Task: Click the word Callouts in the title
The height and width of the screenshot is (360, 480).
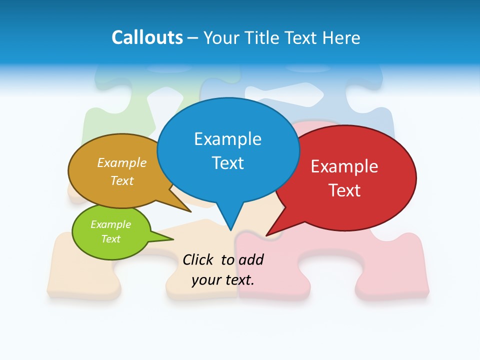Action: [147, 37]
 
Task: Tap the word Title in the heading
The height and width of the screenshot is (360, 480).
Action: [265, 37]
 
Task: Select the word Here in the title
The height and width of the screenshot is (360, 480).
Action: [341, 37]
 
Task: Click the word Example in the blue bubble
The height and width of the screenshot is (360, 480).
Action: [227, 139]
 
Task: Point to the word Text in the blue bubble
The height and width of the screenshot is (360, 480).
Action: [227, 163]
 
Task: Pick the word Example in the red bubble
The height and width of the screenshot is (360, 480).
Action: [344, 166]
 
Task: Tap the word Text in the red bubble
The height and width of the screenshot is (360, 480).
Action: [344, 190]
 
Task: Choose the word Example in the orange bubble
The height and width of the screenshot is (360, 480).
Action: [122, 163]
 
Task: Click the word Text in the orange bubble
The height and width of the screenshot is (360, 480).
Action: [122, 180]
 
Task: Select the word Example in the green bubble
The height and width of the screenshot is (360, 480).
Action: [110, 224]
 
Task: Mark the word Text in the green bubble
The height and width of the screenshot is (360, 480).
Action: [110, 239]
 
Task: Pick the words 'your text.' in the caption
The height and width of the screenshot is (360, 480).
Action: [223, 280]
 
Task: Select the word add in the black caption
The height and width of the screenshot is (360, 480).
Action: [251, 260]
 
